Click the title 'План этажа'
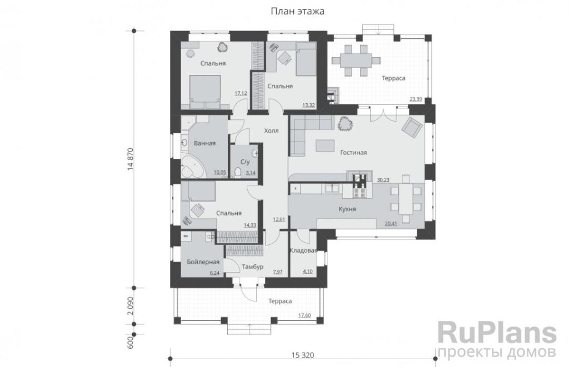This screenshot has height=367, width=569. (298, 11)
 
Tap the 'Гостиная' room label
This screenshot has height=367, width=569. (353, 153)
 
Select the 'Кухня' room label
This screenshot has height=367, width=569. (347, 209)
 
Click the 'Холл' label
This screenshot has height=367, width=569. (271, 130)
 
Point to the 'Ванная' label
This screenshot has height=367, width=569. (204, 143)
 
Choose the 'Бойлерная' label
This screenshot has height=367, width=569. (203, 262)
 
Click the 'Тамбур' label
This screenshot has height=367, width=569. (253, 267)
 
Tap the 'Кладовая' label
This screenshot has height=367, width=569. (303, 250)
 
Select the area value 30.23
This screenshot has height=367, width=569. (383, 179)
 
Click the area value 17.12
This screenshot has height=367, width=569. (241, 93)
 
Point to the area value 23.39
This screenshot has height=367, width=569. (416, 99)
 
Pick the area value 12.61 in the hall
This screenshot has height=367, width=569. (279, 219)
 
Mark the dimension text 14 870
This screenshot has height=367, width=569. (130, 159)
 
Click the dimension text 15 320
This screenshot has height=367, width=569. (303, 355)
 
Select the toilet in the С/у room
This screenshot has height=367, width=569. (238, 172)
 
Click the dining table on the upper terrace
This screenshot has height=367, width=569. (356, 60)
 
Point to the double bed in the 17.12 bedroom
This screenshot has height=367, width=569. (205, 92)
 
